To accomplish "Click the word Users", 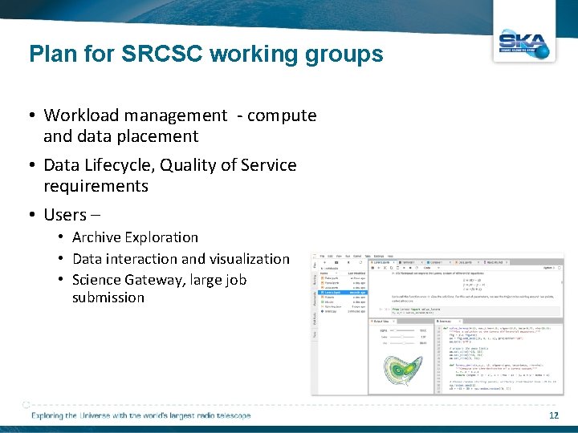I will click(65, 215).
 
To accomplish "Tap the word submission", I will click(108, 297).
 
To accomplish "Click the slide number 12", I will click(553, 415).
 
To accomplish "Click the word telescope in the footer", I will click(230, 415).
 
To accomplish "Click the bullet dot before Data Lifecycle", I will click(33, 166).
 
